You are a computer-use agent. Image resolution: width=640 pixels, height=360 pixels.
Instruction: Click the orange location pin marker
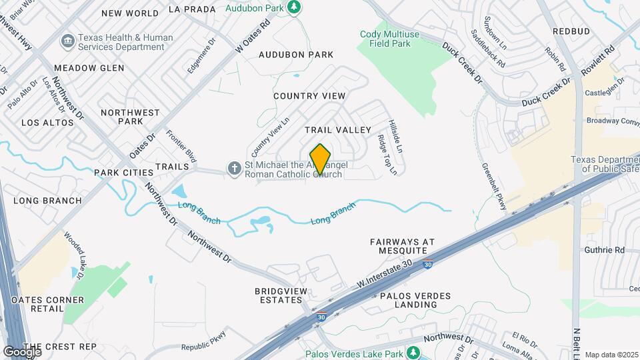[321, 159]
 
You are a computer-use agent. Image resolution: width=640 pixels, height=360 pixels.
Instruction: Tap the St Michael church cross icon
[234, 169]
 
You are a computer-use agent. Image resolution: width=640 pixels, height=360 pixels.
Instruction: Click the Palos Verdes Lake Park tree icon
[414, 353]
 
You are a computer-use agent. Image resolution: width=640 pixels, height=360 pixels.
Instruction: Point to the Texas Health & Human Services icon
[67, 42]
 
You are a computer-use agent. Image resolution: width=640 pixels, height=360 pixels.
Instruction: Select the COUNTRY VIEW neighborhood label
[309, 96]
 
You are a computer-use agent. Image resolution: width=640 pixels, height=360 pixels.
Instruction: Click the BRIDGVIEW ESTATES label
[279, 295]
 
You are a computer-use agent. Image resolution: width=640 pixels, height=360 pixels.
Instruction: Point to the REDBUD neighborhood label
[571, 31]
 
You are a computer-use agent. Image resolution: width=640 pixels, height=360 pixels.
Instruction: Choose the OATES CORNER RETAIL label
[48, 305]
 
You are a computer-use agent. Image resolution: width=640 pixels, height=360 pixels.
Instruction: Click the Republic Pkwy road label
[204, 341]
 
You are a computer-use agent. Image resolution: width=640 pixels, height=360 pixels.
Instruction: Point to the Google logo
[22, 351]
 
